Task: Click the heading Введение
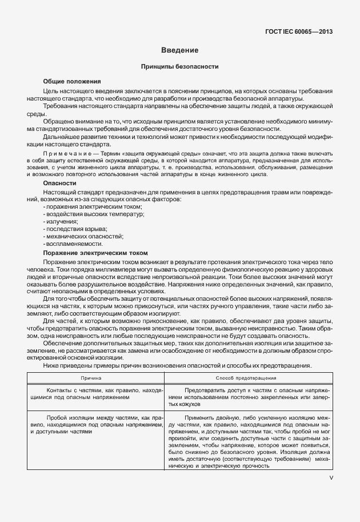[x=179, y=51]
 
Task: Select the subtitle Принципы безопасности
[x=179, y=67]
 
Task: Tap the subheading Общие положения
[x=72, y=82]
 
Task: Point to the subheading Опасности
[x=60, y=183]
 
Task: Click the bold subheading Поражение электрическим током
[x=95, y=253]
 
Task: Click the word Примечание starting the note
[x=68, y=155]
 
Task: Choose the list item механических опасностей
[x=83, y=236]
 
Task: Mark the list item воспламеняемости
[x=73, y=244]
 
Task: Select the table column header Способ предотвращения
[x=246, y=378]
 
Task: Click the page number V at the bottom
[x=331, y=479]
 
